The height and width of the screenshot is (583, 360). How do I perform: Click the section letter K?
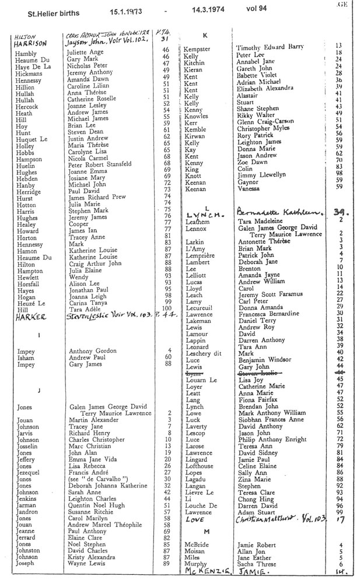click(x=205, y=36)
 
